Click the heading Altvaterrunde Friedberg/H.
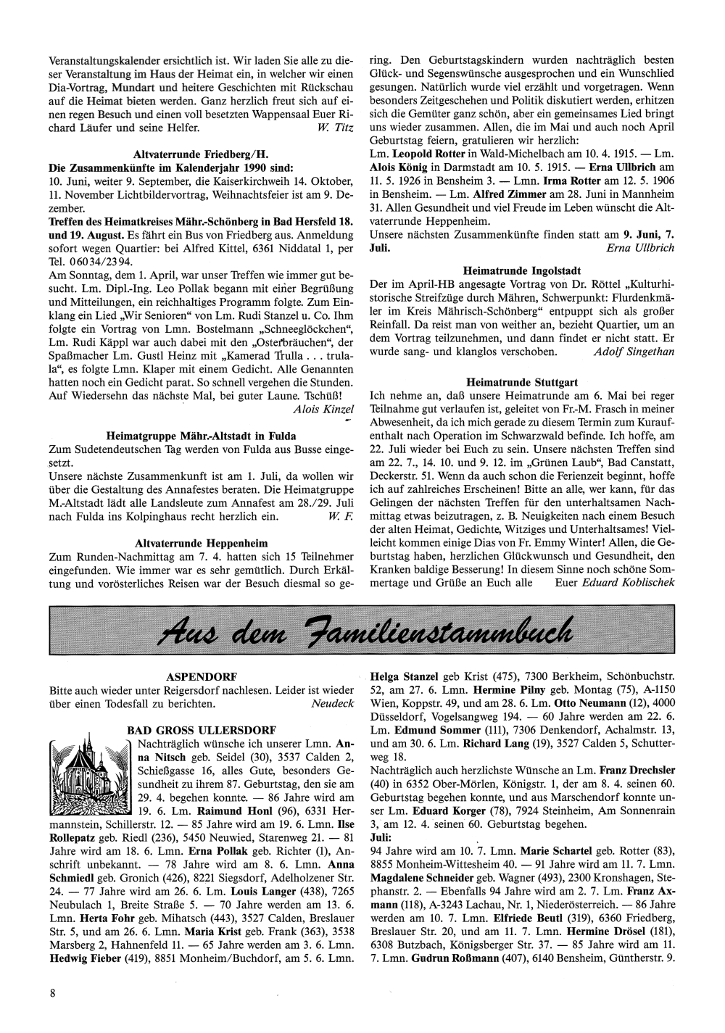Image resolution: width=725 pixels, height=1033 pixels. click(x=201, y=154)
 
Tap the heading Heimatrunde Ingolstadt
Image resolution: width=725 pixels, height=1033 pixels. click(x=522, y=270)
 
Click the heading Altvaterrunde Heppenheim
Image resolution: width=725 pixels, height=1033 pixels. click(x=201, y=542)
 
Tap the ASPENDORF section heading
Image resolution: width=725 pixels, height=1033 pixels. click(x=201, y=677)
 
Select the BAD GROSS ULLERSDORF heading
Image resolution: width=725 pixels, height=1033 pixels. click(x=201, y=729)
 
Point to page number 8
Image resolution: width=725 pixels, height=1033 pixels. click(x=53, y=992)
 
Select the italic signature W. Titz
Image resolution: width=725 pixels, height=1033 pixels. click(x=335, y=128)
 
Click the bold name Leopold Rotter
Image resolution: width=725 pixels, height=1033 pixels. click(x=427, y=155)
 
